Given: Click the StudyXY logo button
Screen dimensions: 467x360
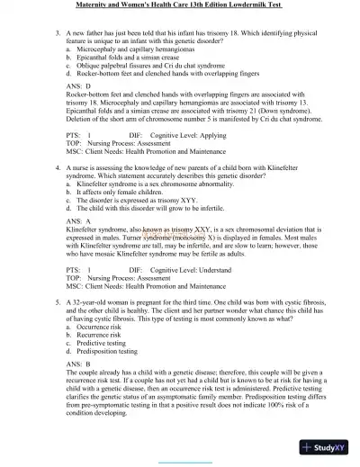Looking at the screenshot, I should pyautogui.click(x=325, y=446).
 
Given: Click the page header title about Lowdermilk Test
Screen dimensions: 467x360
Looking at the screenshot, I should pyautogui.click(x=179, y=6).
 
